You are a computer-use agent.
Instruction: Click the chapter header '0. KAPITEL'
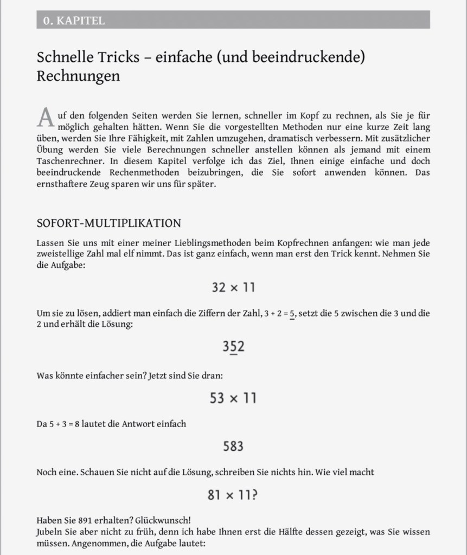pos(74,21)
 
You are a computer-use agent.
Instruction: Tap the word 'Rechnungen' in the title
pos(78,76)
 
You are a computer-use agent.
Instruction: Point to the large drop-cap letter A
pos(46,118)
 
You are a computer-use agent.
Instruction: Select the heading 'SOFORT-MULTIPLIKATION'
pos(108,223)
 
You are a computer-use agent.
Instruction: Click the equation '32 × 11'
pos(233,287)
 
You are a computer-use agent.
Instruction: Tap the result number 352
pos(233,346)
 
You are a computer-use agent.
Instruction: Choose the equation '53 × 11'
pos(233,398)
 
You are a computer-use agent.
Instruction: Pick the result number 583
pos(233,446)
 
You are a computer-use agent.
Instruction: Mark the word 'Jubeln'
pos(50,531)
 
